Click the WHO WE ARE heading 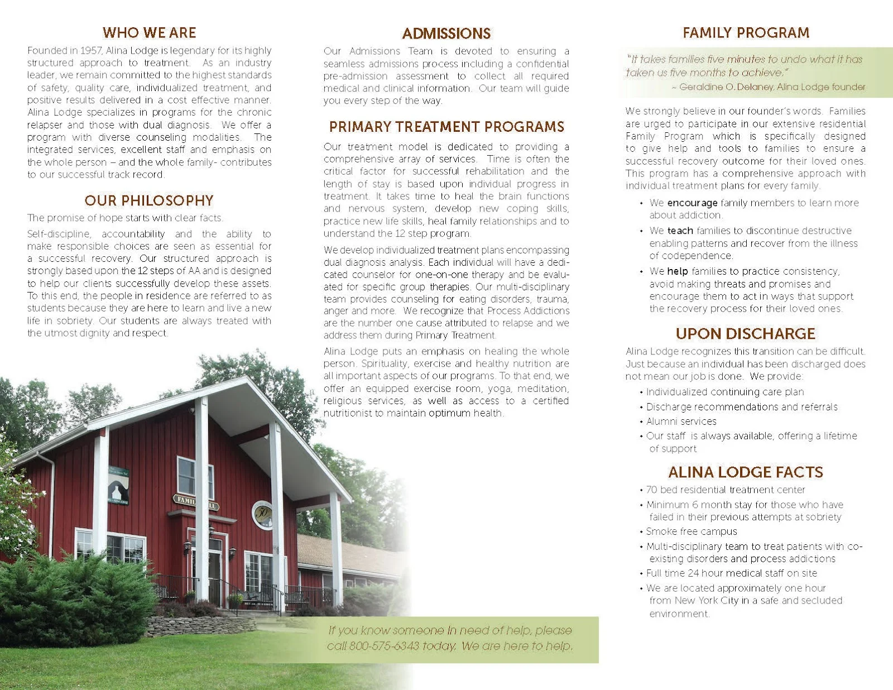tap(149, 32)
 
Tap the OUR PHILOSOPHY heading tap(149, 200)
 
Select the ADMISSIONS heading tap(446, 33)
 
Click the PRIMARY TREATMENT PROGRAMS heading tap(446, 127)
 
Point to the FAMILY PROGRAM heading tap(746, 32)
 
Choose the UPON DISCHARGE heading tap(745, 333)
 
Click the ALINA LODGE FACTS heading tap(745, 472)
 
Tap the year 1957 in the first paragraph tap(91, 50)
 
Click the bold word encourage tap(692, 203)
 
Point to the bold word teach tap(680, 231)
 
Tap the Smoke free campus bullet tap(691, 531)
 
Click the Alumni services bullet tap(681, 421)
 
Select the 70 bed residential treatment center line tap(725, 490)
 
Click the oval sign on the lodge tap(262, 514)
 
